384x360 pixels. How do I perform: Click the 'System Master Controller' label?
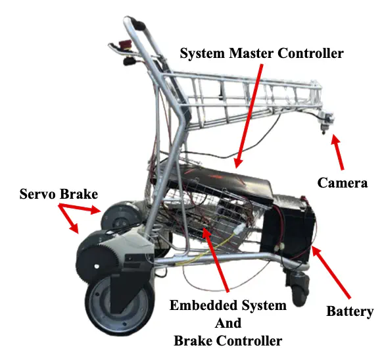click(262, 53)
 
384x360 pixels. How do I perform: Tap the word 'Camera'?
click(343, 183)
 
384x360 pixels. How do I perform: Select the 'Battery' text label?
click(350, 311)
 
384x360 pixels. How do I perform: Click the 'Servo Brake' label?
click(59, 194)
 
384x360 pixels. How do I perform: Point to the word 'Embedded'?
click(204, 305)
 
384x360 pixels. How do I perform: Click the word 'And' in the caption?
click(228, 323)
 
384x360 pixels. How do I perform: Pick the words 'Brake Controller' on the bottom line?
click(228, 341)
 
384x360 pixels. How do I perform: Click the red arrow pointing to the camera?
click(338, 152)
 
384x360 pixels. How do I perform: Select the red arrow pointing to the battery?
click(331, 272)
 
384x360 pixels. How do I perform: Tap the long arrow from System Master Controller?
click(249, 116)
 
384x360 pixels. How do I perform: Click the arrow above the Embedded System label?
click(216, 260)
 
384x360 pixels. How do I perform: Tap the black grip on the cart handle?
click(138, 25)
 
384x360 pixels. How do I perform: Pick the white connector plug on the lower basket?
click(238, 230)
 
